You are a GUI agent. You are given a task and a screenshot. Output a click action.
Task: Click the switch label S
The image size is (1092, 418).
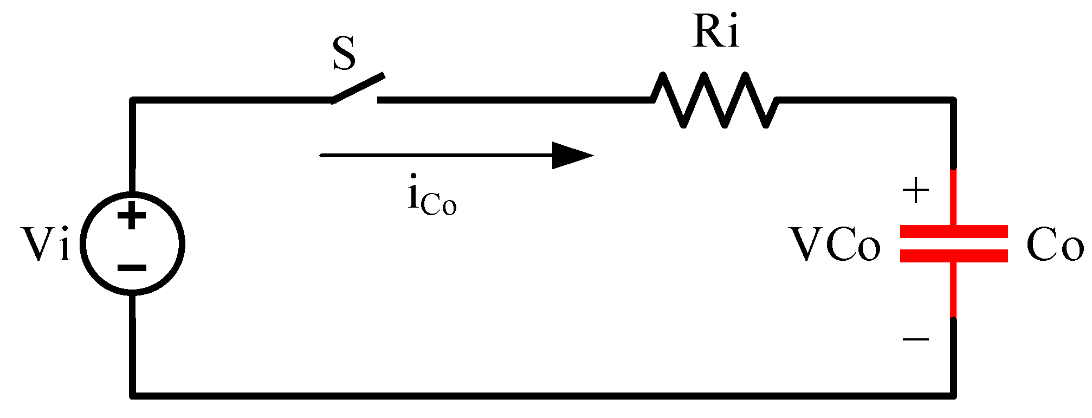coord(344,54)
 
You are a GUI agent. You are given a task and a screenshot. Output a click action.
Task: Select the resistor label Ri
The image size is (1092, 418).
coord(715,33)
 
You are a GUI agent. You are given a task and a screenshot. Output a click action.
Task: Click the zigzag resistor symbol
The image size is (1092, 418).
coord(714,100)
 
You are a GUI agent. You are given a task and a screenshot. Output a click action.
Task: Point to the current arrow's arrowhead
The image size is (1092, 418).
coord(572,156)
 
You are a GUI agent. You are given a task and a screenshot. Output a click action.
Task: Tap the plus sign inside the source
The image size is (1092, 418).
coord(132,217)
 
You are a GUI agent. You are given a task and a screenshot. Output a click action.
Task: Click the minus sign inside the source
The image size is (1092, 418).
coord(132,267)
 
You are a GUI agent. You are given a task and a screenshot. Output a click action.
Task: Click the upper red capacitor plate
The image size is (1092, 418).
coord(954,231)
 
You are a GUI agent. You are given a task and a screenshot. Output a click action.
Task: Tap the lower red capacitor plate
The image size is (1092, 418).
coord(954,256)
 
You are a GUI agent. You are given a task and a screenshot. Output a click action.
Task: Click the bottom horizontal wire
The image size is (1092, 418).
coord(542,395)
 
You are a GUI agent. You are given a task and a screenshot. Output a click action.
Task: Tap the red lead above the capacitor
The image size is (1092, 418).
coord(954,198)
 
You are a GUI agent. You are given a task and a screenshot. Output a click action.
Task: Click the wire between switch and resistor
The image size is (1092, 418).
coord(515,100)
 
